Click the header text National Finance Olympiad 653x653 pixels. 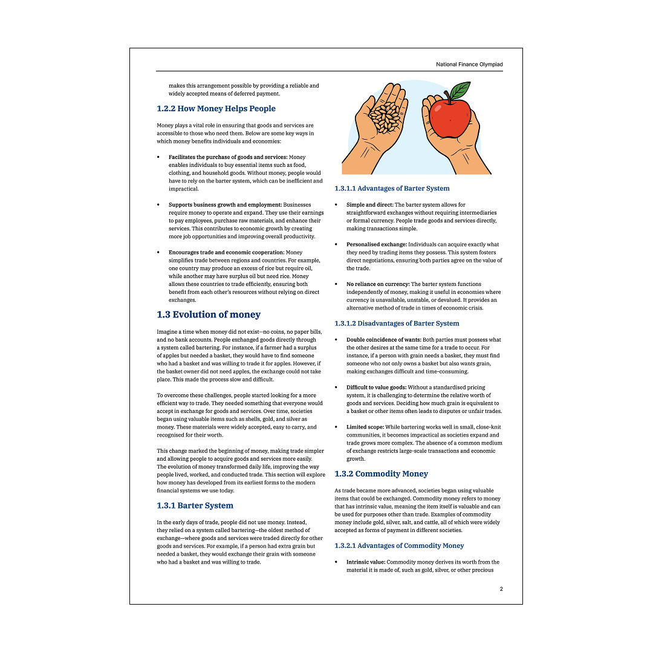pyautogui.click(x=469, y=64)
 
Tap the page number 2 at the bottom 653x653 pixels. pyautogui.click(x=501, y=589)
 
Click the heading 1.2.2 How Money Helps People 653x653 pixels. pyautogui.click(x=216, y=109)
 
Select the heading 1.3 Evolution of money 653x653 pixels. pyautogui.click(x=209, y=314)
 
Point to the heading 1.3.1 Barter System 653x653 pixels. pyautogui.click(x=195, y=505)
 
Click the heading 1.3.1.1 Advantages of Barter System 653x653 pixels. pyautogui.click(x=392, y=189)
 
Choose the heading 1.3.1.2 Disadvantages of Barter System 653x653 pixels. pyautogui.click(x=397, y=323)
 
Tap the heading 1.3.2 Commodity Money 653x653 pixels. pyautogui.click(x=381, y=474)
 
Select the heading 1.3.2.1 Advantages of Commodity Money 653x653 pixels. pyautogui.click(x=399, y=545)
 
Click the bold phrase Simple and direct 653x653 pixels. pyautogui.click(x=369, y=205)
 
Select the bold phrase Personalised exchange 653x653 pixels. pyautogui.click(x=377, y=244)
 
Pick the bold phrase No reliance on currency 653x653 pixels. pyautogui.click(x=378, y=284)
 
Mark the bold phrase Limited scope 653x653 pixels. pyautogui.click(x=365, y=427)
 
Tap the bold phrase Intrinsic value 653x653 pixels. pyautogui.click(x=366, y=562)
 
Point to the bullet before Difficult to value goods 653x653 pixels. pyautogui.click(x=336, y=388)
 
